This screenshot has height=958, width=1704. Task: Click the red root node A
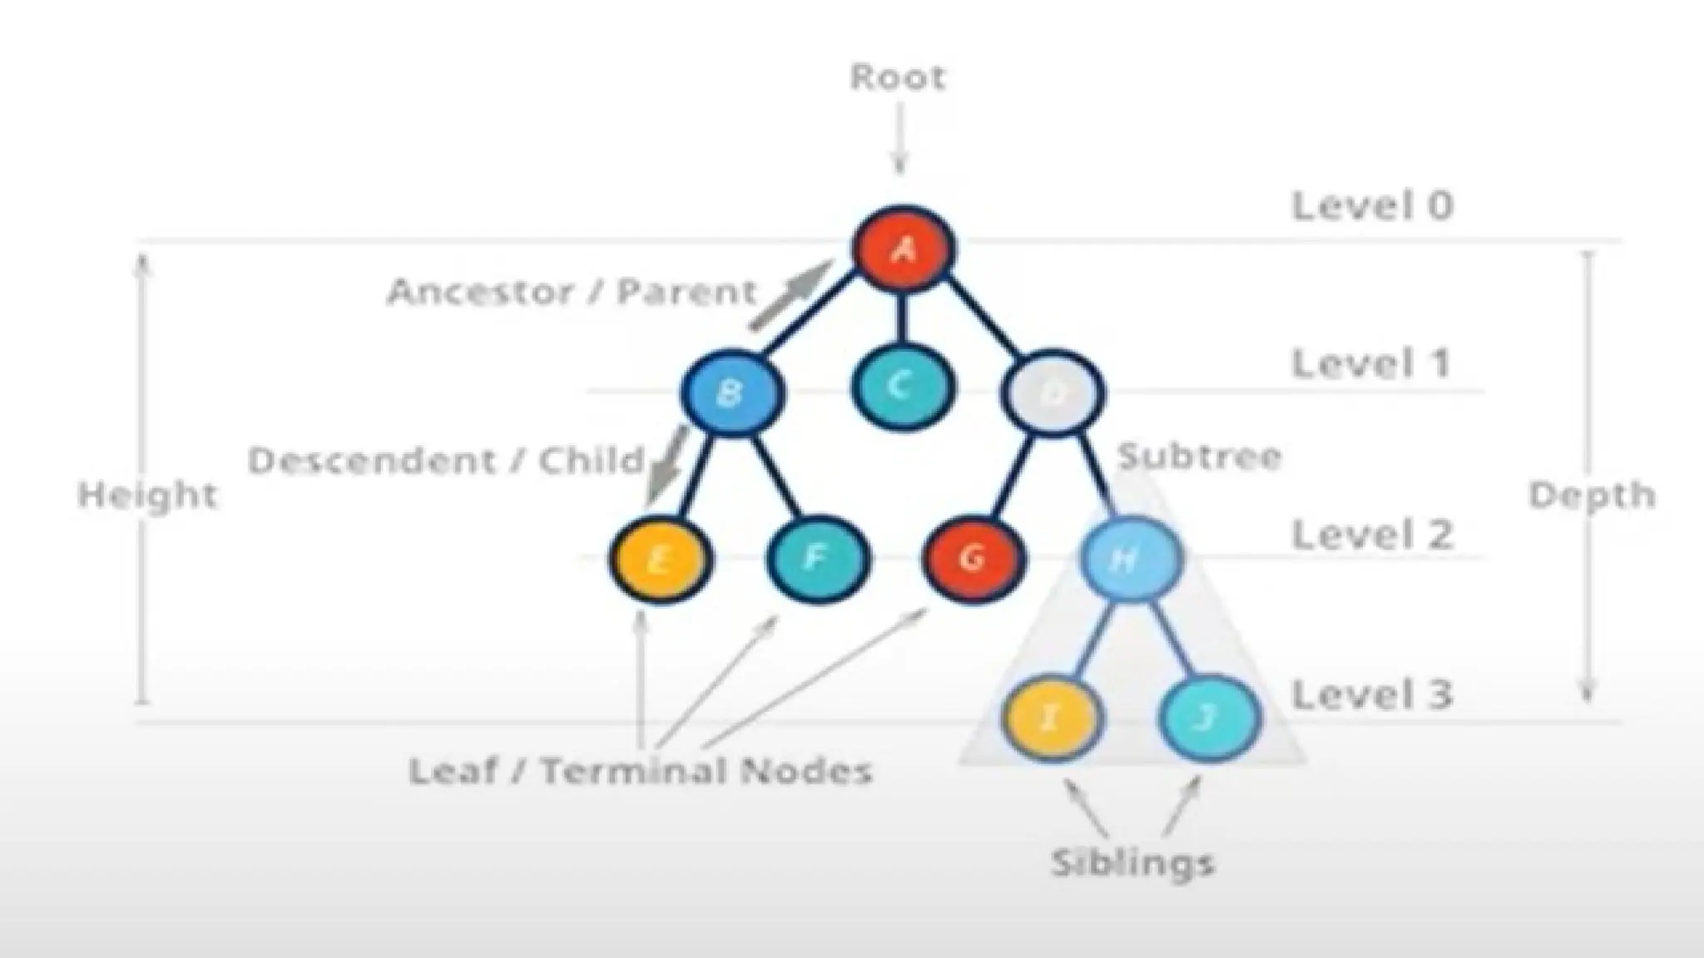pyautogui.click(x=904, y=248)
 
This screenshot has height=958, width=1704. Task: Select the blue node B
pyautogui.click(x=731, y=393)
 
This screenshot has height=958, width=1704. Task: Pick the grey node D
pyautogui.click(x=1053, y=392)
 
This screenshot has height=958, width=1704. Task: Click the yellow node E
pyautogui.click(x=660, y=559)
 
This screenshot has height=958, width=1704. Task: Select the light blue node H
pyautogui.click(x=1129, y=558)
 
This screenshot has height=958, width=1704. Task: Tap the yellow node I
pyautogui.click(x=1050, y=717)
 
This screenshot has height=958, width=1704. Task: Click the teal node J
pyautogui.click(x=1208, y=717)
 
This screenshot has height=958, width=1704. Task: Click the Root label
pyautogui.click(x=898, y=77)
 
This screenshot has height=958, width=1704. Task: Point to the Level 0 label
pyautogui.click(x=1372, y=205)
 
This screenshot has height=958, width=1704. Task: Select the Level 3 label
pyautogui.click(x=1372, y=694)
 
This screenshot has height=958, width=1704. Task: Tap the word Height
pyautogui.click(x=147, y=496)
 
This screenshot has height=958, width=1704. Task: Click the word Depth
pyautogui.click(x=1592, y=496)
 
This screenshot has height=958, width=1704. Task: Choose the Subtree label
pyautogui.click(x=1199, y=457)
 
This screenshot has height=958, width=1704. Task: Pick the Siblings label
pyautogui.click(x=1132, y=862)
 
